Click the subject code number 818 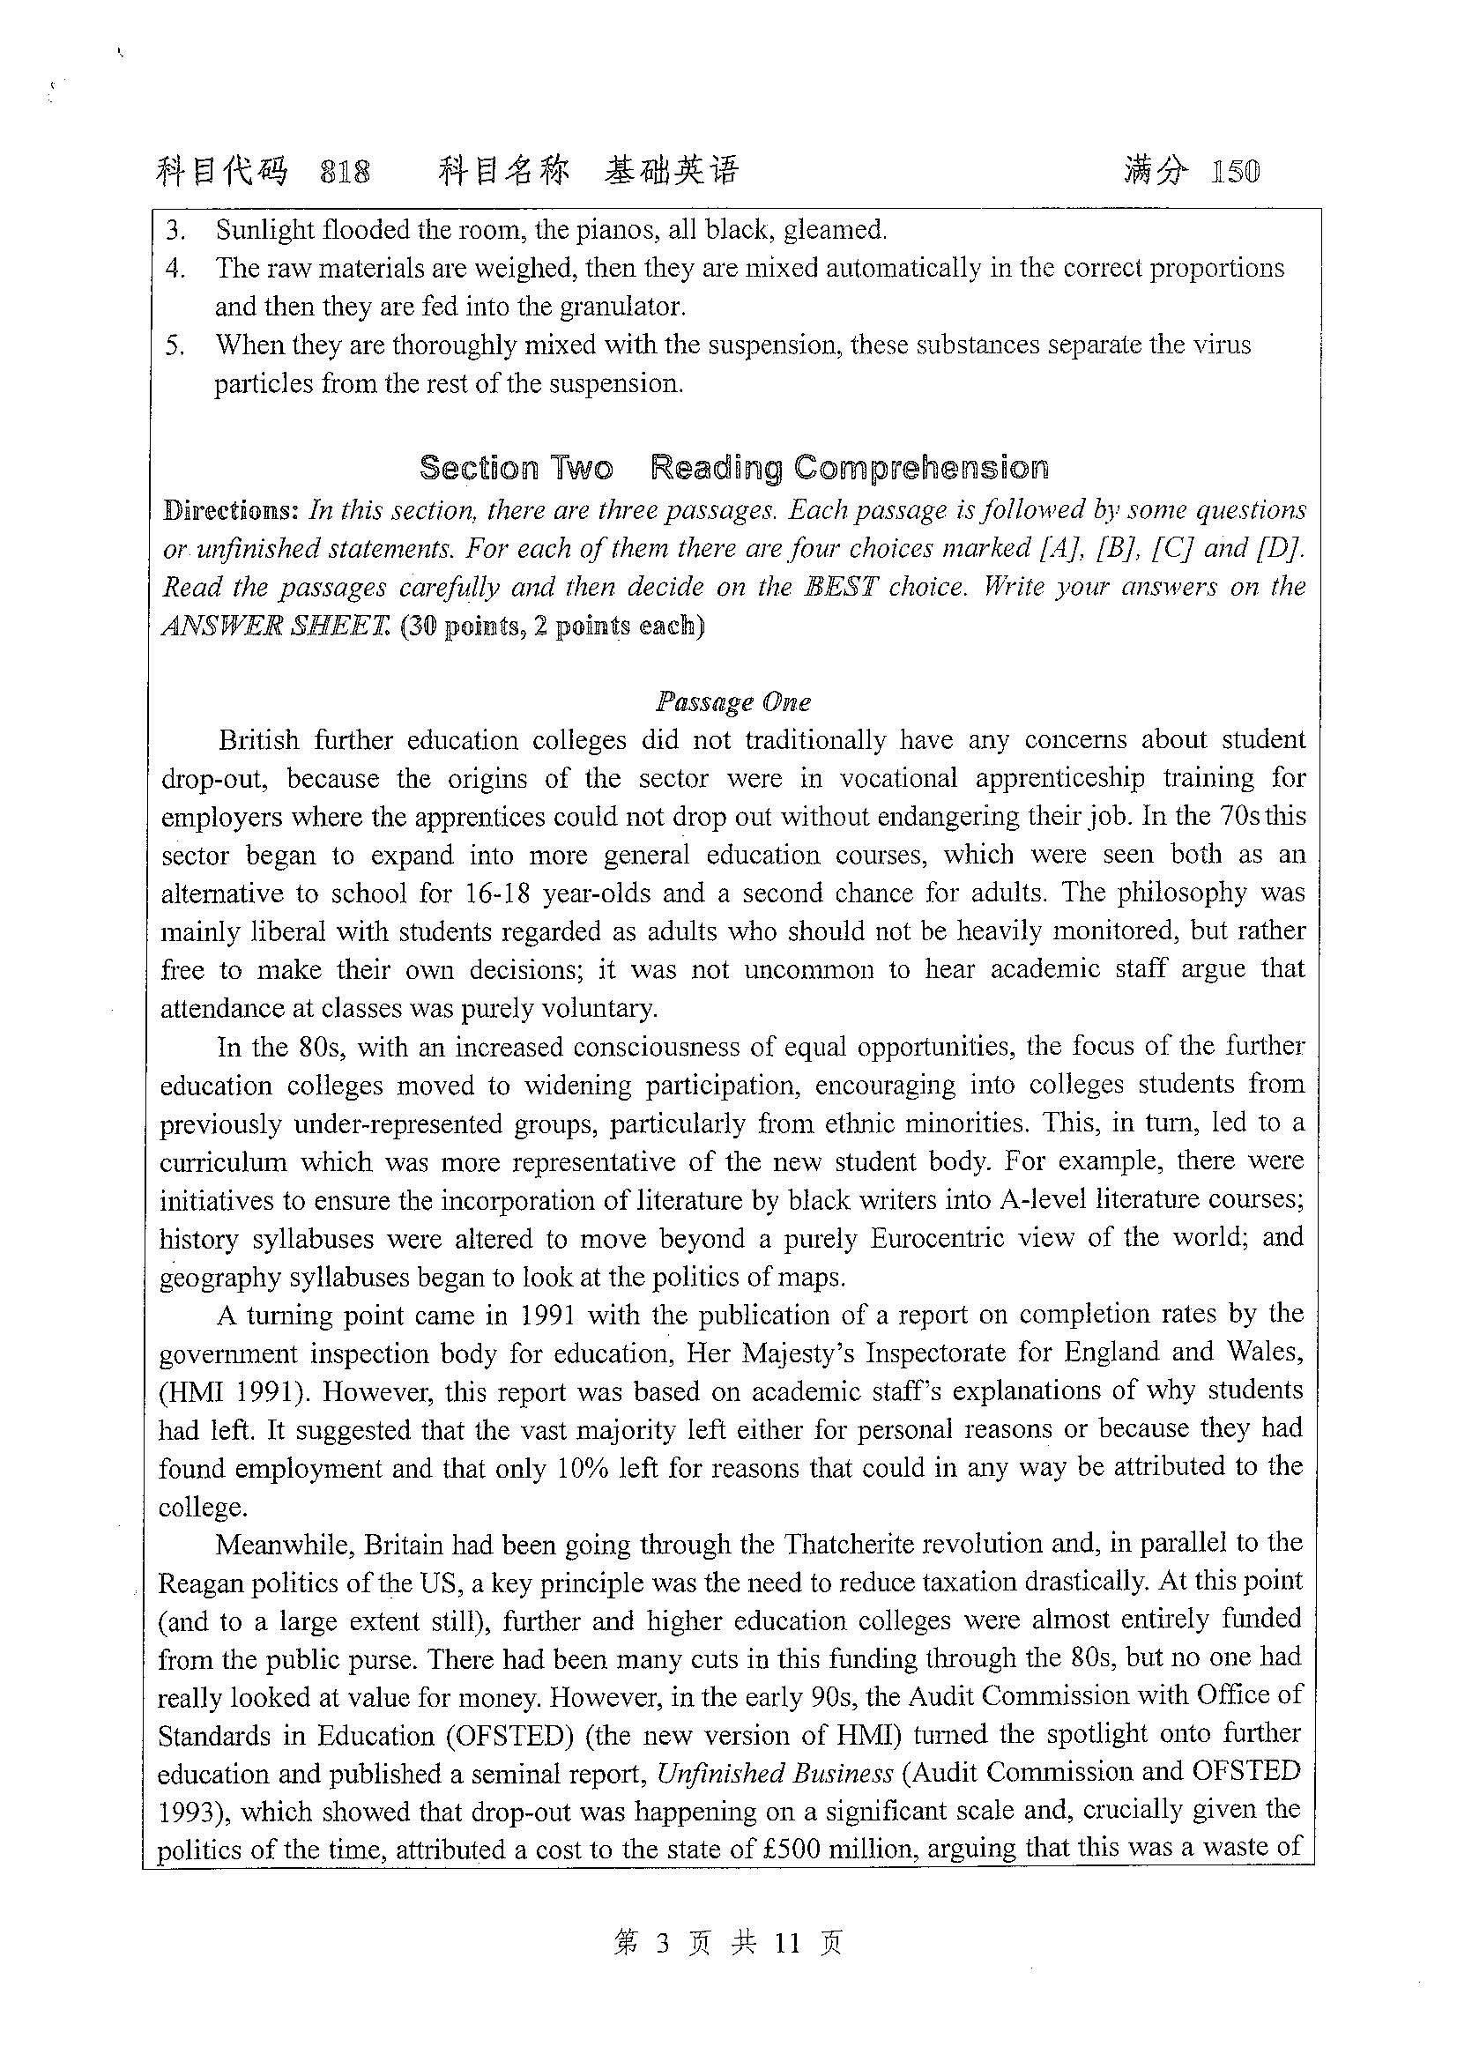(345, 172)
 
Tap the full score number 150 (1235, 172)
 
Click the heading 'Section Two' (517, 468)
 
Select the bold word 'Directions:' (230, 511)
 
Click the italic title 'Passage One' (733, 701)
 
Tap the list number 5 (175, 345)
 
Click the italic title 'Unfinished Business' (775, 1774)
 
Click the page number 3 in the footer (664, 1944)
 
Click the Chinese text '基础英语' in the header (672, 172)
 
